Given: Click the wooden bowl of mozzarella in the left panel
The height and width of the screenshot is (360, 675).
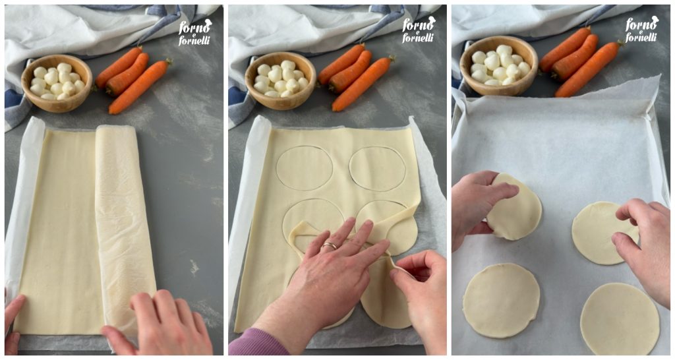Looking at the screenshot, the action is click(57, 83).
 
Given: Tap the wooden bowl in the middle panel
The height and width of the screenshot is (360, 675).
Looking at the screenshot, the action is click(280, 81).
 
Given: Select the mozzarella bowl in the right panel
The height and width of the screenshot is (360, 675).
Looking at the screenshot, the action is click(499, 65).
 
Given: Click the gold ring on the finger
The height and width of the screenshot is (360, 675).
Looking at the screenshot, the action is click(330, 246).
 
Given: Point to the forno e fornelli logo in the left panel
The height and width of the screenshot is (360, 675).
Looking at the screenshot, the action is click(195, 32).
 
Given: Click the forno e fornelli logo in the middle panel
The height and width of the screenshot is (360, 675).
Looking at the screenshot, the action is click(419, 30).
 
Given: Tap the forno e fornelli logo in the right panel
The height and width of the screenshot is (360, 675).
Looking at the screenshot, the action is click(642, 29).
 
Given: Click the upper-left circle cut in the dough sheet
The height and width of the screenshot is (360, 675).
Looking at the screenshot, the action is click(305, 168).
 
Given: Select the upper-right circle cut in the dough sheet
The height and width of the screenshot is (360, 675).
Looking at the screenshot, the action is click(378, 168).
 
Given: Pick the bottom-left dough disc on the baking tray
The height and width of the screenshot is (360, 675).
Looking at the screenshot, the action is click(501, 300).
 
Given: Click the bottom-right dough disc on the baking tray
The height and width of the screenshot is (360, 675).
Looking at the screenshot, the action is click(620, 318).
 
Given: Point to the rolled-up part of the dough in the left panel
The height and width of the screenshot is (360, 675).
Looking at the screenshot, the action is click(125, 228).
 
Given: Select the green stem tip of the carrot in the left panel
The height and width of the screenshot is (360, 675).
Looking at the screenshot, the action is click(168, 62).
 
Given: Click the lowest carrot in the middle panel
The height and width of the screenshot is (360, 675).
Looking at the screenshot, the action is click(363, 84).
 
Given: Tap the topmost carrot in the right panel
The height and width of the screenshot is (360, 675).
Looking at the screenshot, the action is click(565, 49).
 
